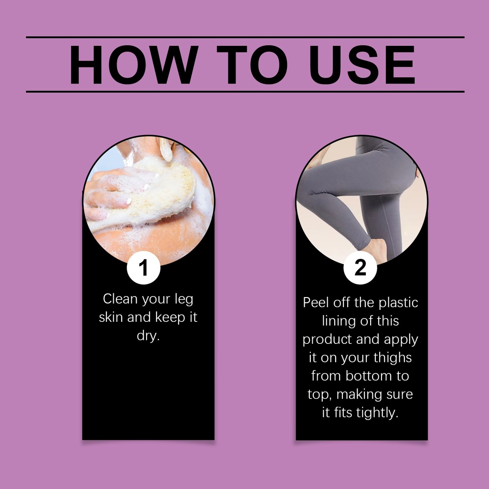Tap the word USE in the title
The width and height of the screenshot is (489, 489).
click(x=362, y=64)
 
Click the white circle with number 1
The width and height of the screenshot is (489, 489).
click(x=143, y=268)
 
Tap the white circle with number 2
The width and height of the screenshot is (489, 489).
click(x=360, y=268)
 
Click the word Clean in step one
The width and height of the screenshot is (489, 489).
click(x=120, y=299)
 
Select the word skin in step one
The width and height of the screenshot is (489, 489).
click(x=111, y=317)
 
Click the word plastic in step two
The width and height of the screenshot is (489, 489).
click(x=398, y=303)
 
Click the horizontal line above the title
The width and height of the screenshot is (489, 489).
click(x=245, y=37)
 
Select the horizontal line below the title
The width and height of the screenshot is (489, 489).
click(x=245, y=92)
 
